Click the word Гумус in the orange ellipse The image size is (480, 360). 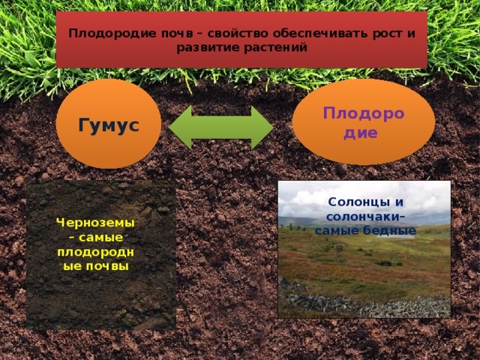[109, 125]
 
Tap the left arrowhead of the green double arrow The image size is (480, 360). [181, 127]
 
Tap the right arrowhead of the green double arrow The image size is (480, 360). [262, 127]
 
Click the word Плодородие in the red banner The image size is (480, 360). [112, 34]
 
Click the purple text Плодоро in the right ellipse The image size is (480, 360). [364, 114]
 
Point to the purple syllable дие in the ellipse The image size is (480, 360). [360, 133]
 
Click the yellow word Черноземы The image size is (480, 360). [95, 223]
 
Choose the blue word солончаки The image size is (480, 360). [363, 217]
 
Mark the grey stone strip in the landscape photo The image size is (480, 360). [364, 304]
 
